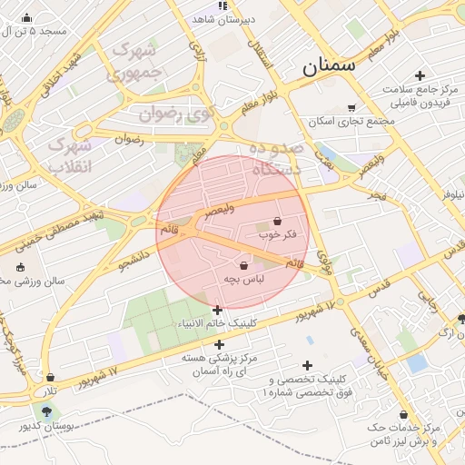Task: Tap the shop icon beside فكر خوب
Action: tap(277, 220)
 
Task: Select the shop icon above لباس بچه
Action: tap(244, 264)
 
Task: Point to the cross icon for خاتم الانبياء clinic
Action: tap(217, 310)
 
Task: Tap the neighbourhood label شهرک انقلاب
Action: tap(70, 156)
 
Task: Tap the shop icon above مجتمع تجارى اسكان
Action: tap(351, 107)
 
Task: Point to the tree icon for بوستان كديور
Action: tap(46, 411)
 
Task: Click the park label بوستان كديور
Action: tap(45, 425)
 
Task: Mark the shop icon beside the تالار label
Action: tap(50, 377)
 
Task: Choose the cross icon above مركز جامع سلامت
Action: tap(419, 75)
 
